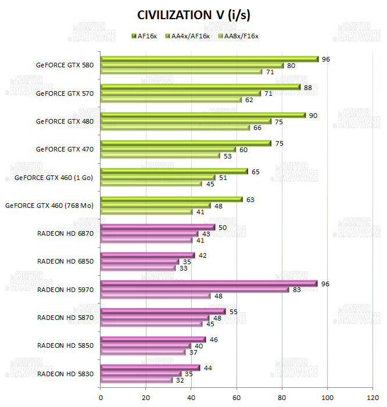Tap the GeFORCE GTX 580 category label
click(64, 64)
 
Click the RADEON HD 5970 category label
click(65, 289)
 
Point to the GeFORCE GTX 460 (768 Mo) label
click(49, 205)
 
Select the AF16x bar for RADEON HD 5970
click(209, 283)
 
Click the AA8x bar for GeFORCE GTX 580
click(181, 72)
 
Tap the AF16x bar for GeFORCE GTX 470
click(186, 143)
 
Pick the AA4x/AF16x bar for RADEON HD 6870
click(149, 233)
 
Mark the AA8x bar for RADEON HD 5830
click(137, 380)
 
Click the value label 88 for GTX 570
click(308, 87)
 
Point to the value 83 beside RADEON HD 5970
click(296, 290)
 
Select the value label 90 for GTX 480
click(313, 115)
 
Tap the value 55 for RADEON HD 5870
click(234, 312)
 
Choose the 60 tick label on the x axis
click(236, 398)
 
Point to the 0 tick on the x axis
click(101, 398)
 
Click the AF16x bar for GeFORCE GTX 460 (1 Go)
click(174, 171)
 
